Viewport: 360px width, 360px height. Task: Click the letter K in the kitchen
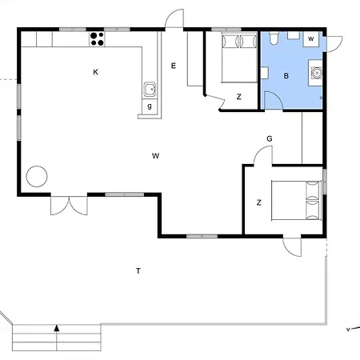point(95,72)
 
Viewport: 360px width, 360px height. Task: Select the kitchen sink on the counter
point(149,89)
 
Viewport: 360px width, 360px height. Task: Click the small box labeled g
point(149,106)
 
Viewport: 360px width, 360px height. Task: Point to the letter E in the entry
point(174,66)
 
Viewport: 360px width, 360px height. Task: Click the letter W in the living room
point(154,156)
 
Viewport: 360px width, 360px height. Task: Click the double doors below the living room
point(67,205)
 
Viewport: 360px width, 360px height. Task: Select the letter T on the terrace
point(138,271)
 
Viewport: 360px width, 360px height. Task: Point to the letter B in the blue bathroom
point(286,76)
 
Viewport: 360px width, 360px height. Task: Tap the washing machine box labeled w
point(310,38)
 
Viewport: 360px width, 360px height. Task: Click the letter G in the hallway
point(270,138)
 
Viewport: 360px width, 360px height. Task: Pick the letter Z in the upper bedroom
point(238,97)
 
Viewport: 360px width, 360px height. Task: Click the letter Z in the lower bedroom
point(258,202)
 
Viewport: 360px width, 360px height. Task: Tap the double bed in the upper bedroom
point(232,56)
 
